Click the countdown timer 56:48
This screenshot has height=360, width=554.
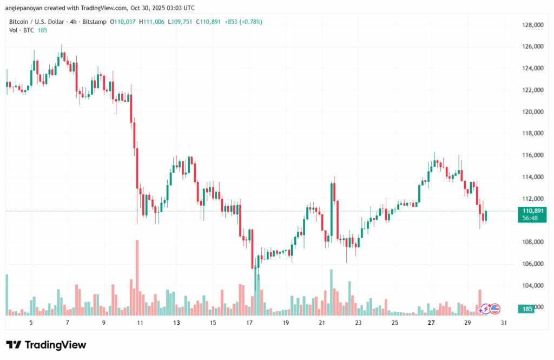pos(531,218)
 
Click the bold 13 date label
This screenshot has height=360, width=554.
pos(176,323)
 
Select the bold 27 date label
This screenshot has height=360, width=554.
pos(431,323)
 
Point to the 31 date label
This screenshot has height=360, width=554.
pos(504,323)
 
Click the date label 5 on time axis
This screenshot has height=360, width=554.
pos(31,323)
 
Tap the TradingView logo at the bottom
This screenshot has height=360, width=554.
pos(46,345)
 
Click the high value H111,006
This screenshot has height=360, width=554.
pos(153,22)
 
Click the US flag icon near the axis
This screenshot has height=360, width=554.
pos(494,309)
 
